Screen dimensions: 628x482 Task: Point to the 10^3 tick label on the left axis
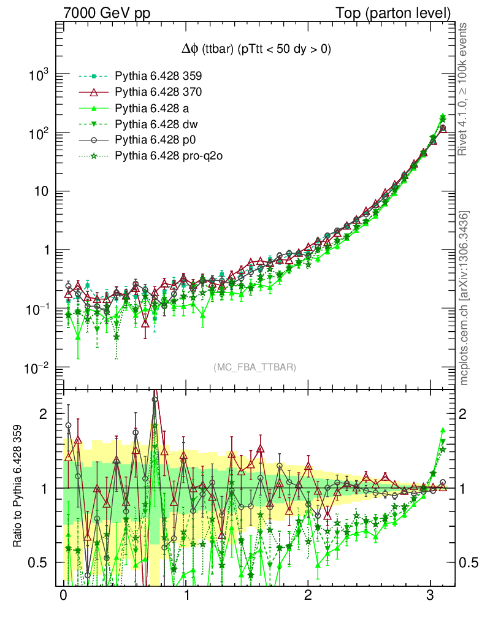[x=39, y=75]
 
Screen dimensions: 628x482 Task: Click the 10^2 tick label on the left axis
[x=39, y=133]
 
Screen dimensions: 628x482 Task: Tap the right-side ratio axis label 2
[x=465, y=414]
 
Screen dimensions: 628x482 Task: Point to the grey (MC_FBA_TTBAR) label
[x=255, y=367]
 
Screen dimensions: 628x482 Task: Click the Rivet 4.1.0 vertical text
[x=465, y=89]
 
